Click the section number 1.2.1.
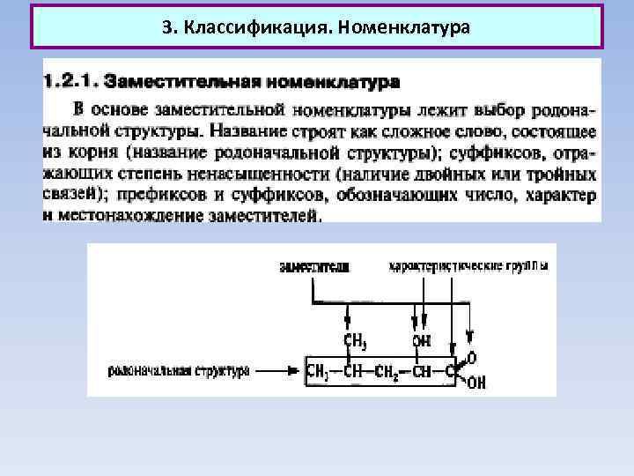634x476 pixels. (70, 83)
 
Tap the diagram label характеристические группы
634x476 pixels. (468, 265)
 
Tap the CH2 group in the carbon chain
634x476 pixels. (385, 371)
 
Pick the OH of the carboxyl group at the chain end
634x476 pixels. (476, 383)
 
